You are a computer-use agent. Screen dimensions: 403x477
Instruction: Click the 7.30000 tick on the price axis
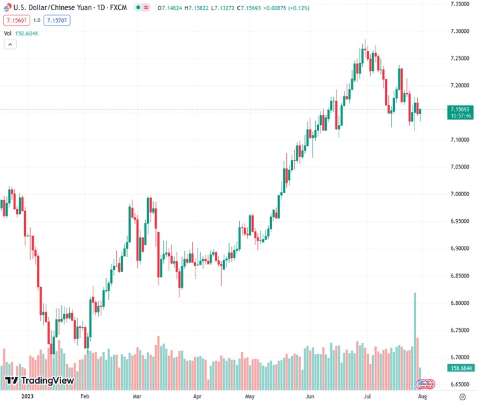tap(459, 31)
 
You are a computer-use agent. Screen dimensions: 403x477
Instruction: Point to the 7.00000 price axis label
tap(459, 194)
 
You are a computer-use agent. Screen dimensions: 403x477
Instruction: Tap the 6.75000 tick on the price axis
tap(459, 330)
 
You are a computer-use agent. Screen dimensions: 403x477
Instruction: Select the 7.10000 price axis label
tap(459, 140)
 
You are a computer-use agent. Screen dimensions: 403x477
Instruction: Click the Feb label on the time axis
tap(85, 397)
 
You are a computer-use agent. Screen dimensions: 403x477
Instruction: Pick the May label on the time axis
tap(250, 397)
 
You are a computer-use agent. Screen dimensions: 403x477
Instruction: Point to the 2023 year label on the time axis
tap(28, 397)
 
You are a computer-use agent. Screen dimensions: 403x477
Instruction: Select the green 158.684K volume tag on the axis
tap(461, 368)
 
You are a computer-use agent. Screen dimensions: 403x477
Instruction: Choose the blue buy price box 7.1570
tap(57, 20)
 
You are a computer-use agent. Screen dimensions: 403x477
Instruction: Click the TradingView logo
tap(40, 381)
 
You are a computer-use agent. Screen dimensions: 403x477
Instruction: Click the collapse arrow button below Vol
tap(10, 44)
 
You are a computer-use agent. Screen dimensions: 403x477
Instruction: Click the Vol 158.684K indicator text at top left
tap(21, 33)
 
